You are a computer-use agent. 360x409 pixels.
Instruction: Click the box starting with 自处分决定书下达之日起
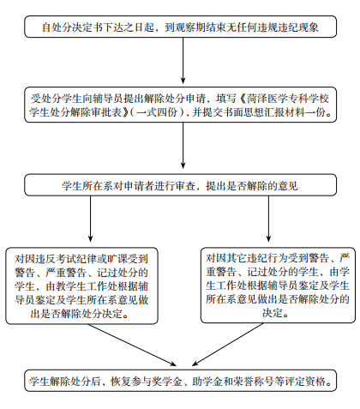[x=181, y=27]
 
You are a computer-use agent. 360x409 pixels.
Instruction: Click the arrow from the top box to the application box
[x=183, y=61]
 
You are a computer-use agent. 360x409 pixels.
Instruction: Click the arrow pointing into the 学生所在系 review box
[x=183, y=146]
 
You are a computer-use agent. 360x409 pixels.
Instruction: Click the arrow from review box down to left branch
[x=91, y=219]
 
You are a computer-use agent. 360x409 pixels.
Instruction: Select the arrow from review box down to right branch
[x=268, y=219]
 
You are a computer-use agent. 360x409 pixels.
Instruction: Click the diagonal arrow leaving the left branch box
[x=132, y=345]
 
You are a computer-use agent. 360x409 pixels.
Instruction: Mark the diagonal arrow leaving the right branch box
[x=228, y=345]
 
